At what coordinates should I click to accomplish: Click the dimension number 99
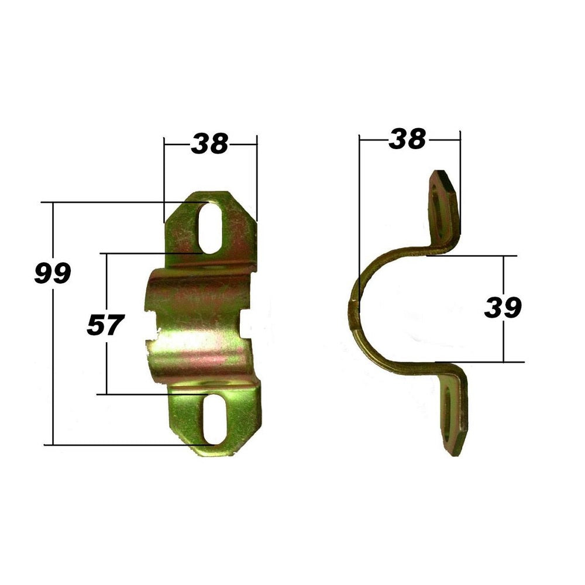click(53, 273)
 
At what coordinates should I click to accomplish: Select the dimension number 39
click(503, 308)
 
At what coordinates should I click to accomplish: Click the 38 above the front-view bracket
click(209, 143)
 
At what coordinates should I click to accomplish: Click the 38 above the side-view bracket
click(407, 139)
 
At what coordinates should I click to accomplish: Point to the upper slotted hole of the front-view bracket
click(211, 228)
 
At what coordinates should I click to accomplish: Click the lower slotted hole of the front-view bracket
click(216, 418)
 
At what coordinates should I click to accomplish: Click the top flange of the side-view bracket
click(445, 208)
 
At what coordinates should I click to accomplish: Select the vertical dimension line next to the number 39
click(504, 339)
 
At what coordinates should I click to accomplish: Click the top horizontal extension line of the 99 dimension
click(117, 202)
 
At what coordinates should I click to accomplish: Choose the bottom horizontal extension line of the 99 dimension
click(117, 445)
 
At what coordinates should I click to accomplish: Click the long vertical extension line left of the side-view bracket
click(359, 222)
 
